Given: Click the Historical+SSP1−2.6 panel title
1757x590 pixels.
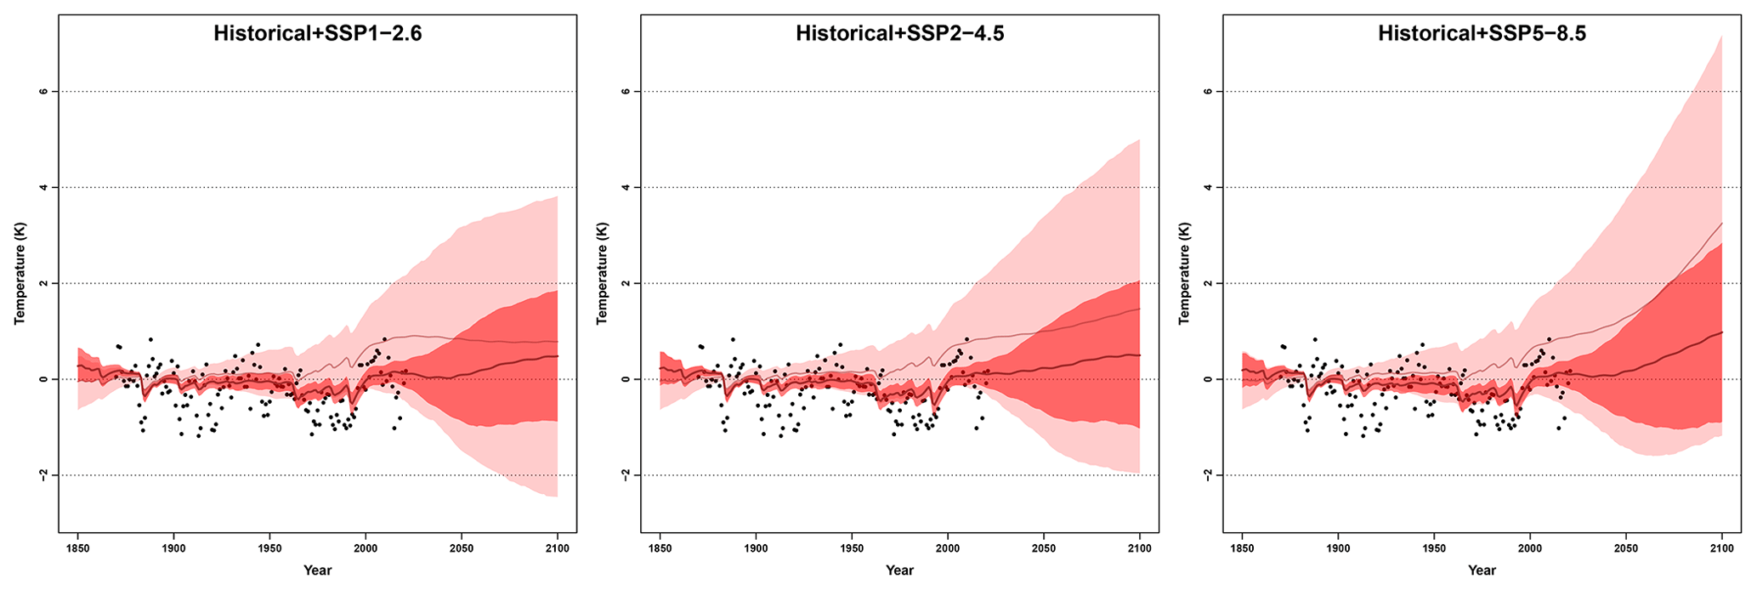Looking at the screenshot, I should pos(317,34).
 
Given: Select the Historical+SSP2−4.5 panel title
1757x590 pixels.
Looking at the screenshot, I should pos(899,34).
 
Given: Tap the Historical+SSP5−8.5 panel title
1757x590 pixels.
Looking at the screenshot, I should pos(1482,34).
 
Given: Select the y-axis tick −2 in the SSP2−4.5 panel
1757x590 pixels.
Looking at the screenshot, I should pos(626,475).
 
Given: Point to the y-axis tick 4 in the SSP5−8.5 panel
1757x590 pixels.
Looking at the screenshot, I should pos(1208,187).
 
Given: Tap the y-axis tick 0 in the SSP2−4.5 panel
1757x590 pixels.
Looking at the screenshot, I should pos(626,379).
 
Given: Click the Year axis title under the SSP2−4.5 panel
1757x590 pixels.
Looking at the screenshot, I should pos(899,570).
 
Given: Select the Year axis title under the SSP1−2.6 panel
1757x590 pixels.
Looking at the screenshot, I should pos(317,570).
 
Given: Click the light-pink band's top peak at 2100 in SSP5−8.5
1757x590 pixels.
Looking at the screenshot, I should pos(1721,36).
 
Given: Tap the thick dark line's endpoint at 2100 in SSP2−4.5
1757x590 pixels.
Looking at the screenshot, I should pos(1139,355).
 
